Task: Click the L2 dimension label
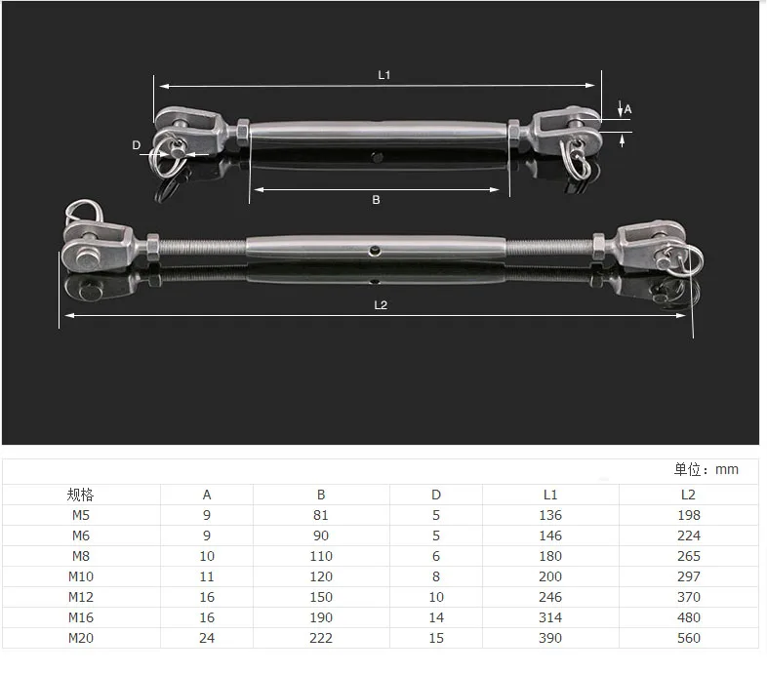381,304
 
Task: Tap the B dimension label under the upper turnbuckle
376,199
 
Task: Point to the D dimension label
137,145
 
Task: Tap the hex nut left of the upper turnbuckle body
241,129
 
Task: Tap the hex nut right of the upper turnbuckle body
514,129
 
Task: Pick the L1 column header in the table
550,495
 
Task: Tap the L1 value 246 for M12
550,597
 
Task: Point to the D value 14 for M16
435,617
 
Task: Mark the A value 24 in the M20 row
206,638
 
